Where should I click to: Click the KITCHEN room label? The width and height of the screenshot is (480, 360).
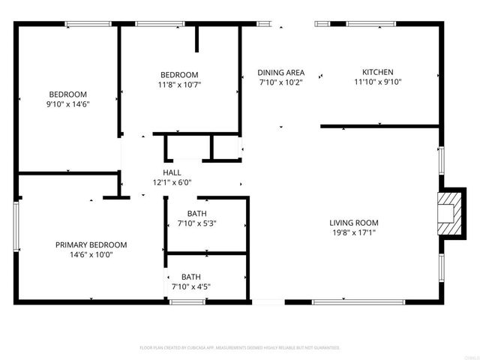[x=378, y=73]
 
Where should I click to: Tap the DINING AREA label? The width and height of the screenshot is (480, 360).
[x=280, y=73]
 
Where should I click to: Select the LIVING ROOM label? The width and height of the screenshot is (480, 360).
[x=354, y=223]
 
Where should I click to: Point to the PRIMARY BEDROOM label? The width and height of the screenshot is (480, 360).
[x=91, y=244]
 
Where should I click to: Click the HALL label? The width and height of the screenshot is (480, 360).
[x=172, y=172]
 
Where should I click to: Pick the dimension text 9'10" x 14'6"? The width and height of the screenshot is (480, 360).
[x=68, y=104]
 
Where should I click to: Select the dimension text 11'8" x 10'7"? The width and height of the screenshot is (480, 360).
[x=179, y=85]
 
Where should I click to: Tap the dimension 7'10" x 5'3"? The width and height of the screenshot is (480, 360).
[x=197, y=223]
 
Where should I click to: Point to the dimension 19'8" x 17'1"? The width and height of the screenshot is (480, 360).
[x=354, y=232]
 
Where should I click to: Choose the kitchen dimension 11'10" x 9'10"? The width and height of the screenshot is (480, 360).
[x=378, y=82]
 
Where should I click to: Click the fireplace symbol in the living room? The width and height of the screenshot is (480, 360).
[x=448, y=211]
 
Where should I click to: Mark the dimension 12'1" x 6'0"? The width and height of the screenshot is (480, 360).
[x=172, y=182]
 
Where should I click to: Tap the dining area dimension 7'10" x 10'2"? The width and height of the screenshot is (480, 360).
[x=280, y=82]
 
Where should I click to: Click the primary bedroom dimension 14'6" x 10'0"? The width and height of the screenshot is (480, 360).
[x=91, y=255]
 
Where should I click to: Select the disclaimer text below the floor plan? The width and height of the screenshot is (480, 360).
[x=240, y=348]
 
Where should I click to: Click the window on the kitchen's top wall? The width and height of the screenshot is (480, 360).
[x=370, y=25]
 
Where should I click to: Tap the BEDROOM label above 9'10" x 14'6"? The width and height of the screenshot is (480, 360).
[x=68, y=94]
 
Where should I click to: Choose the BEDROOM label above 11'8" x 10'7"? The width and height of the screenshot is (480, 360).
[x=179, y=74]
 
